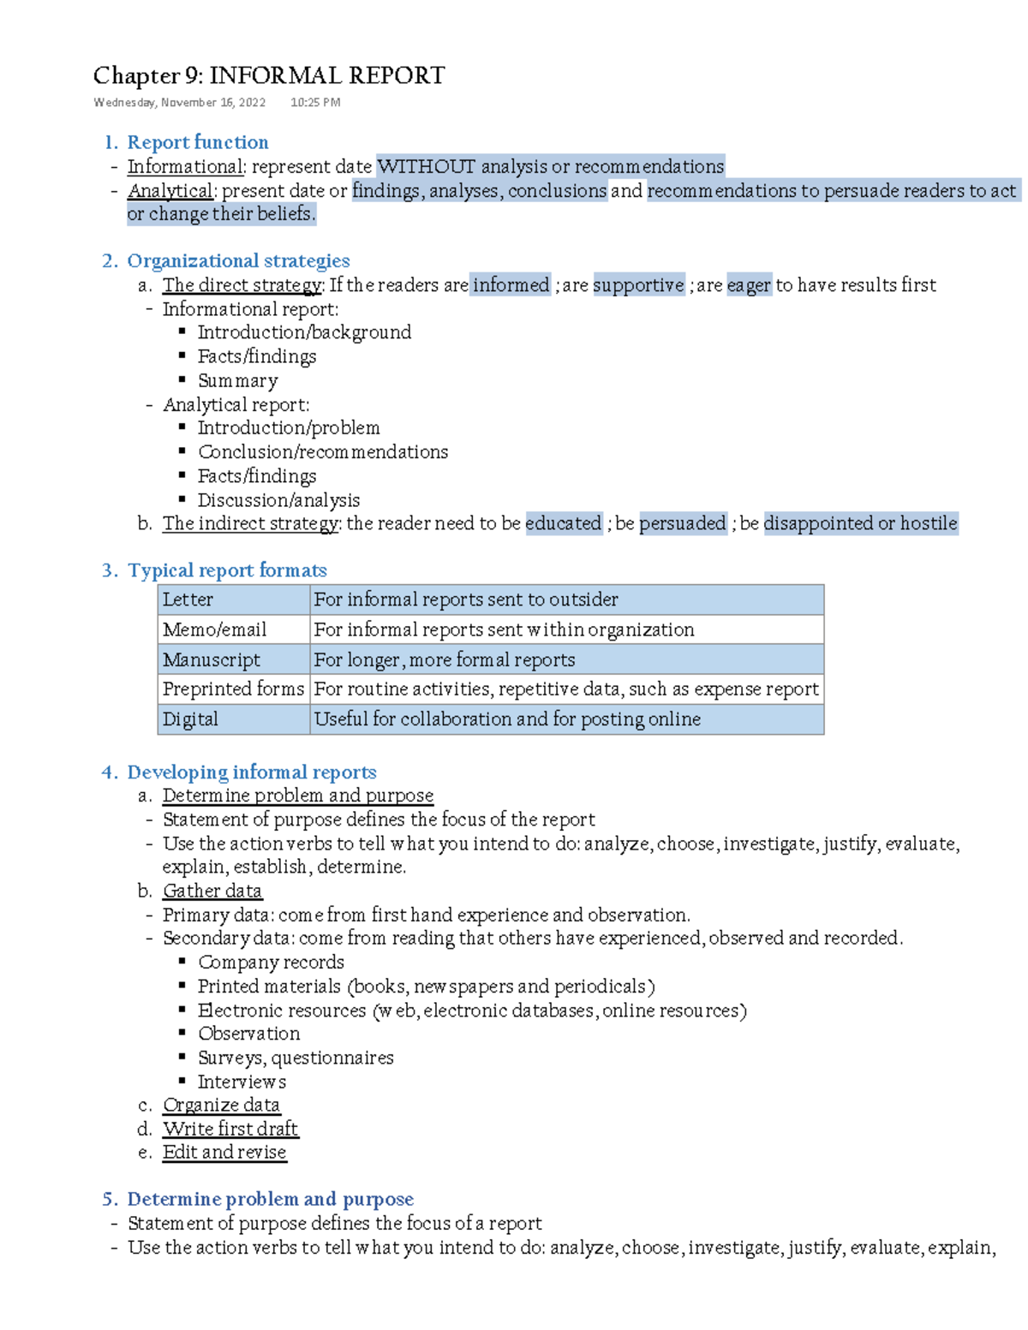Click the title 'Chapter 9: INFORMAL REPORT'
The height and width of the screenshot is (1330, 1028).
(x=268, y=76)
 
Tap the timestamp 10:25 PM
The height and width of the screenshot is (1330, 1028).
(x=315, y=103)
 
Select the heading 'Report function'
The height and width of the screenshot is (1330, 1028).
(x=197, y=142)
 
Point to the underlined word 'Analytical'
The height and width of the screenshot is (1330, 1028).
(x=170, y=190)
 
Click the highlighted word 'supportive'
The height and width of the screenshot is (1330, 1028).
(x=638, y=285)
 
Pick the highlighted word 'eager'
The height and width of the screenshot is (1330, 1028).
(x=749, y=285)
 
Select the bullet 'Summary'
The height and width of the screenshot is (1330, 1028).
(x=237, y=380)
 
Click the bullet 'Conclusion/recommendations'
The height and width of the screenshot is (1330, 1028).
(x=322, y=452)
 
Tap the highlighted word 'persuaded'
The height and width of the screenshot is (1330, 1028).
(x=683, y=523)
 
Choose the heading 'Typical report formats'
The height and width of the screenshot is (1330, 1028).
(x=227, y=570)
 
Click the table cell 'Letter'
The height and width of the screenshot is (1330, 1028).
(x=188, y=599)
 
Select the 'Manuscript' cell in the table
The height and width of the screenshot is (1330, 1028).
(x=212, y=659)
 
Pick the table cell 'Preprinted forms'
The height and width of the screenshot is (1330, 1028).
(x=233, y=689)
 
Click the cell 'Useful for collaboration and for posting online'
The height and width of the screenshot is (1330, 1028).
(x=507, y=719)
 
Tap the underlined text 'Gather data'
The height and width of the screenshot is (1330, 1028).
(x=212, y=891)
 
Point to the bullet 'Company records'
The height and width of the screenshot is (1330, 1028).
(x=271, y=963)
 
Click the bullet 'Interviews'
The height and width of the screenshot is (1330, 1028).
(x=242, y=1082)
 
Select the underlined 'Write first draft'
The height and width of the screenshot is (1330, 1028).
(x=230, y=1129)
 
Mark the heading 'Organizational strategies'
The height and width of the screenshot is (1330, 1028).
(x=238, y=261)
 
